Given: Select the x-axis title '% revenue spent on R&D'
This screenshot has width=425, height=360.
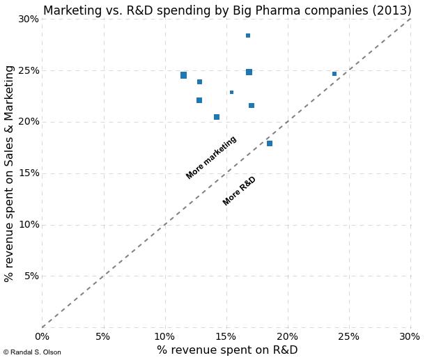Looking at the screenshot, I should click(227, 350).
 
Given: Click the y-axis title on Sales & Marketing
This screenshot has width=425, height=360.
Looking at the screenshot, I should click(10, 173).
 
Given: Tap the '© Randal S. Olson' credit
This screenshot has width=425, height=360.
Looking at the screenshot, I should click(32, 352).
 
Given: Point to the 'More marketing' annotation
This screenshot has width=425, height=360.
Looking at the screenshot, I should click(211, 157).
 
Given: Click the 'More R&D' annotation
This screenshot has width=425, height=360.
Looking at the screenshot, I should click(240, 191).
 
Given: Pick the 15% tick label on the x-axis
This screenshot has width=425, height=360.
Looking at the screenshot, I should click(226, 337).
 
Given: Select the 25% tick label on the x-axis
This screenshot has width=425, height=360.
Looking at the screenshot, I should click(348, 337).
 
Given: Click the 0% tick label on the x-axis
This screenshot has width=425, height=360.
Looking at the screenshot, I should click(42, 337).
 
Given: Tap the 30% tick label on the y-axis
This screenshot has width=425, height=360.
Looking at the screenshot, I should click(28, 19).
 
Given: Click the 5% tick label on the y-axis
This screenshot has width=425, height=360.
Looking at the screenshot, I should click(31, 276).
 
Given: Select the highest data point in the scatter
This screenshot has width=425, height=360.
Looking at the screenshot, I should click(248, 36).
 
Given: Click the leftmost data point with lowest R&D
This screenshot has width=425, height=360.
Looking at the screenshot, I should click(183, 75).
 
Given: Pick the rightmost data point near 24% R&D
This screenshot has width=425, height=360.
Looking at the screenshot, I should click(334, 74).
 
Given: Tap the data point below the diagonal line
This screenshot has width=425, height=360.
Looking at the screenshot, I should click(270, 143).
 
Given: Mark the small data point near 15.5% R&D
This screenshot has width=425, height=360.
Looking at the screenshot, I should click(232, 92).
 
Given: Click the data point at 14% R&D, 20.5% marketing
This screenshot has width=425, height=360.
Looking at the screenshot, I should click(217, 117).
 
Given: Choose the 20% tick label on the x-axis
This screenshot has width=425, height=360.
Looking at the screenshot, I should click(287, 337).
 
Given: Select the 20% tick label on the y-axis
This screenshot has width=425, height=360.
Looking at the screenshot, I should click(28, 122).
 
